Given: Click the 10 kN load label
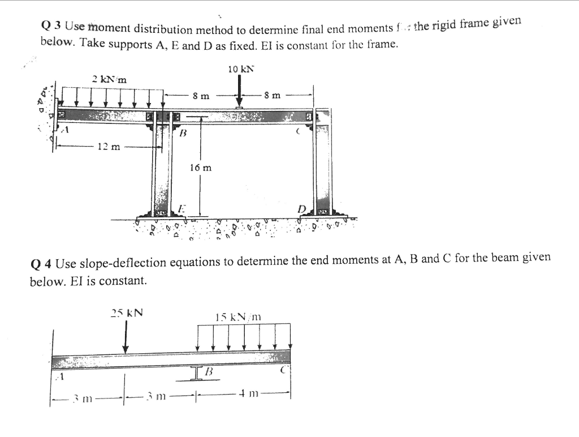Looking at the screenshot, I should point(241,69).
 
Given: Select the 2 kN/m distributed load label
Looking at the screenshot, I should point(110,79).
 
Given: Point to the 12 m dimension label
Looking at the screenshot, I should point(109,147).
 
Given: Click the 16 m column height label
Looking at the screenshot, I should point(201,168).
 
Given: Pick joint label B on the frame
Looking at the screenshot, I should point(182,134).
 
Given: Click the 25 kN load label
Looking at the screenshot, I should point(127,312).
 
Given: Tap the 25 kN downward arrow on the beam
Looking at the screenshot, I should point(126,337).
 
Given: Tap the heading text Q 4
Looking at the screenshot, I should point(42,263).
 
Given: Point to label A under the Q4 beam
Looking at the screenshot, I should point(58,374).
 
